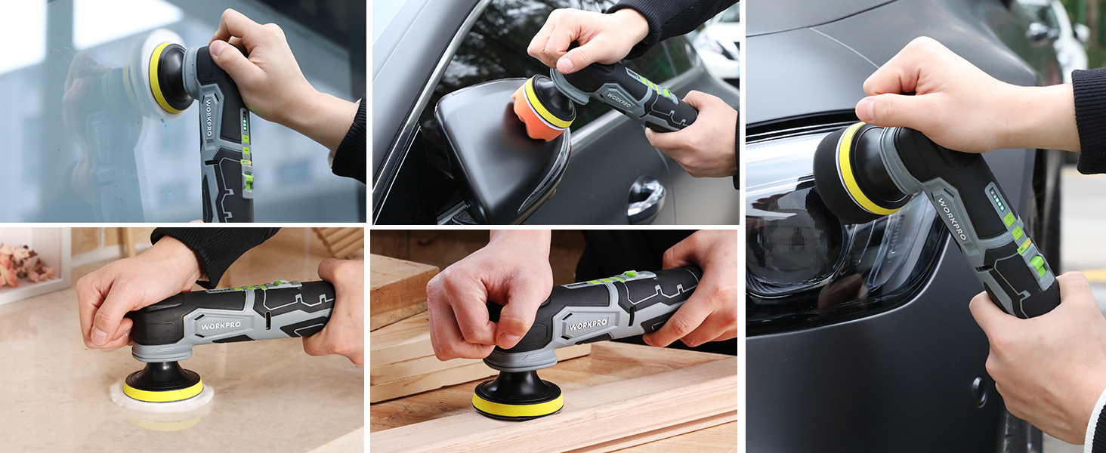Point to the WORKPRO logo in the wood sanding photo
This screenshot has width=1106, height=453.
pos(588,325)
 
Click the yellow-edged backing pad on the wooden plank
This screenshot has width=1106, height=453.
pos(518,405)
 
